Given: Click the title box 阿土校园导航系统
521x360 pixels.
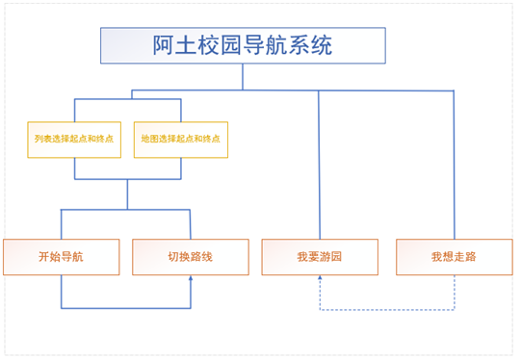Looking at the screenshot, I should coord(243,45).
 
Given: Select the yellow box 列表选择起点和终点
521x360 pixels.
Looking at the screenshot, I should coord(74,140).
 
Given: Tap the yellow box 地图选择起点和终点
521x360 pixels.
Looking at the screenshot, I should coord(180,140).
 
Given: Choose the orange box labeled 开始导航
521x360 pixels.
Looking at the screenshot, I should coord(62,257).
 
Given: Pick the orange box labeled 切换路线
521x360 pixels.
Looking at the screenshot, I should coord(190,257).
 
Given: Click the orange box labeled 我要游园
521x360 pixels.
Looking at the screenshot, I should coord(320,257).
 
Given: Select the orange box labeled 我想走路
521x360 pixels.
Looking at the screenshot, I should coord(454,257).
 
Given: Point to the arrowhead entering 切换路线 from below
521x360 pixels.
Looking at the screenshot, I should coord(191,279).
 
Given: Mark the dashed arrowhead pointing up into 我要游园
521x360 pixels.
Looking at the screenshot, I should coord(320,279).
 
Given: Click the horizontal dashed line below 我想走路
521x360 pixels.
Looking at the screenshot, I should coord(385,310).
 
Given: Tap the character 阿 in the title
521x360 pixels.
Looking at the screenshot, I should coord(164,45).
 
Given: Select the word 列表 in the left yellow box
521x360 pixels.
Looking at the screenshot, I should coord(41,140).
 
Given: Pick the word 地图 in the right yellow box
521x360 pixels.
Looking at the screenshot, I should coord(147,140).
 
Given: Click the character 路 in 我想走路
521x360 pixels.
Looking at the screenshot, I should coord(471,257).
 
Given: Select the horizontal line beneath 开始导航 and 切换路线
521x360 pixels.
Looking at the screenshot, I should coord(125,308).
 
